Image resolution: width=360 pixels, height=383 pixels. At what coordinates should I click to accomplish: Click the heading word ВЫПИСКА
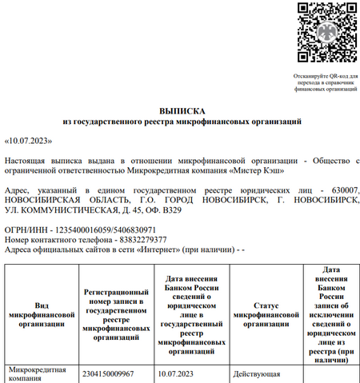(x=182, y=111)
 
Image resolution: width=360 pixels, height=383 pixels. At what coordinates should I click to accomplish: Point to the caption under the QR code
(x=326, y=82)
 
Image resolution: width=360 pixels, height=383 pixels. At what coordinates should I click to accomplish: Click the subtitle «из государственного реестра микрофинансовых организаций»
(x=182, y=122)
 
